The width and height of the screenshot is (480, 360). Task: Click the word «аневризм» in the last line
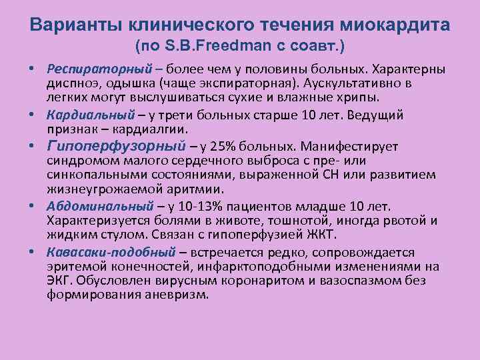(x=181, y=295)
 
